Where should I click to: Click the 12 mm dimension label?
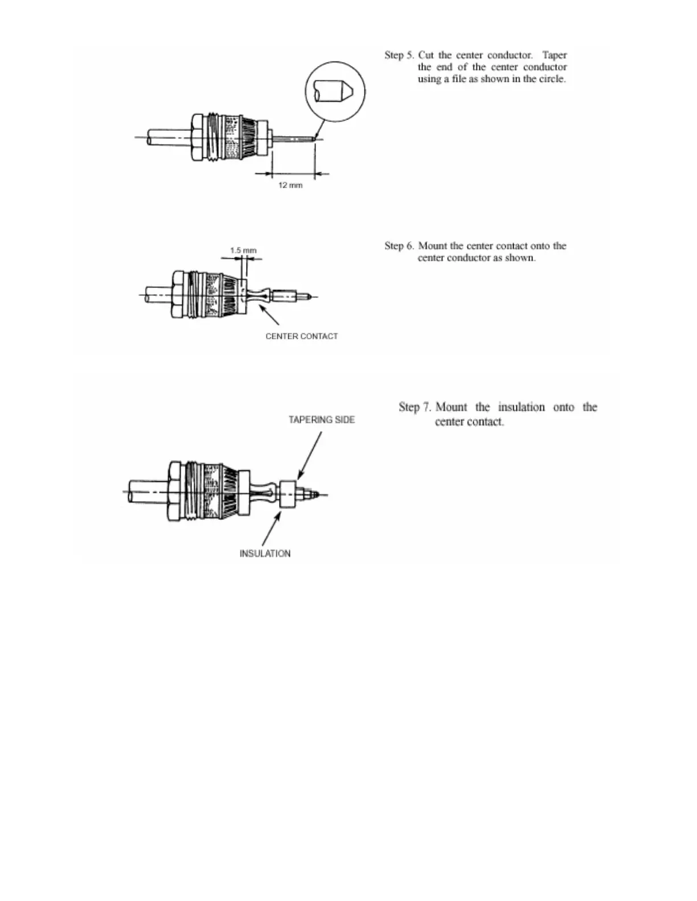pyautogui.click(x=290, y=185)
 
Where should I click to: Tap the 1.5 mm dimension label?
pyautogui.click(x=243, y=250)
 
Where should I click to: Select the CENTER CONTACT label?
pyautogui.click(x=301, y=336)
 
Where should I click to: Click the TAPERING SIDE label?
pyautogui.click(x=321, y=420)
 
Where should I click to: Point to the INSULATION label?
pyautogui.click(x=265, y=553)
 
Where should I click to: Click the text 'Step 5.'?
pyautogui.click(x=399, y=55)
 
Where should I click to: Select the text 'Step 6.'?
pyautogui.click(x=399, y=246)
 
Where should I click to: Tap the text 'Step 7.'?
pyautogui.click(x=415, y=407)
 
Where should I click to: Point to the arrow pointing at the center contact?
pyautogui.click(x=269, y=316)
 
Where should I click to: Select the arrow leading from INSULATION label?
pyautogui.click(x=272, y=529)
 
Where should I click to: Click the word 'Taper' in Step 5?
pyautogui.click(x=554, y=55)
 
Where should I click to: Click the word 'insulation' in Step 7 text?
pyautogui.click(x=521, y=407)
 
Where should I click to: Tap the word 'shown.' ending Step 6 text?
pyautogui.click(x=520, y=258)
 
